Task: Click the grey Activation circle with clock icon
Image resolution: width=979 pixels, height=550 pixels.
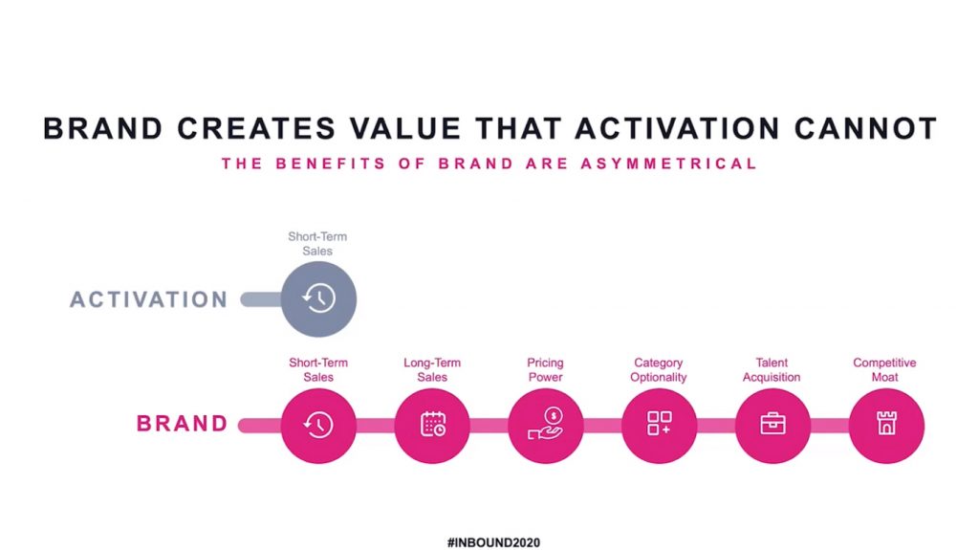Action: click(318, 298)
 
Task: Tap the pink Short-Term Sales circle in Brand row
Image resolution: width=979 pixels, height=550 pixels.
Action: click(318, 426)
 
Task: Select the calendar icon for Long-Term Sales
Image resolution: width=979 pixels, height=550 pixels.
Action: click(432, 425)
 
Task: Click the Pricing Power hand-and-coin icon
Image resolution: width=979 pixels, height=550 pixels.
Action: click(546, 424)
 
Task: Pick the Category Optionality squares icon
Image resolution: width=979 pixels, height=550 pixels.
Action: click(660, 423)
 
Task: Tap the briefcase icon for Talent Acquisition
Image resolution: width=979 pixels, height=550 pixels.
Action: click(772, 423)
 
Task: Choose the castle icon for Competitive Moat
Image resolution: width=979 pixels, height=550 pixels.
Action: click(886, 423)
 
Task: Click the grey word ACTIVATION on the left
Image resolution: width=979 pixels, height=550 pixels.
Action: click(148, 300)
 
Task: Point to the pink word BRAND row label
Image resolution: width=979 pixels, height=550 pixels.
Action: click(183, 424)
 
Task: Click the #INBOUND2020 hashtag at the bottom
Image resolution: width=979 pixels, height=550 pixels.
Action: click(493, 542)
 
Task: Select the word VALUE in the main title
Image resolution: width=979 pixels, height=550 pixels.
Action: click(405, 129)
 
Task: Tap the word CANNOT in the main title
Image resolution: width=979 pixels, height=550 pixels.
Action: click(865, 129)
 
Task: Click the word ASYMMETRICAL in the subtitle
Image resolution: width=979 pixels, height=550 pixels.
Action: click(668, 164)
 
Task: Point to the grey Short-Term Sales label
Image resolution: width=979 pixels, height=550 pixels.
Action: click(317, 244)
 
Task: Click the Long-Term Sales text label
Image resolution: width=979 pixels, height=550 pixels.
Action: click(432, 370)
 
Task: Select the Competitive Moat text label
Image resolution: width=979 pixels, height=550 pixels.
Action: click(884, 370)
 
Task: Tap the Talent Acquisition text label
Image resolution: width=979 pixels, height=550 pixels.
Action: click(772, 370)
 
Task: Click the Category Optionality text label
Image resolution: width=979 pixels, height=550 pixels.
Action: click(658, 370)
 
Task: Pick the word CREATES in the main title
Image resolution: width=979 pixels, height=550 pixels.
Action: click(256, 129)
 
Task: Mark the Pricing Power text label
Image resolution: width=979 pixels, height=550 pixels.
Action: click(545, 370)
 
